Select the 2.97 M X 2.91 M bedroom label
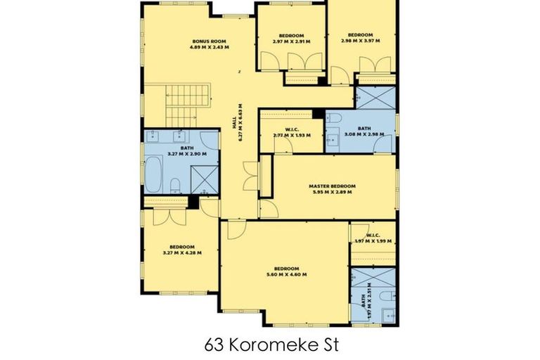click(x=290, y=38)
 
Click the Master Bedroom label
click(x=333, y=188)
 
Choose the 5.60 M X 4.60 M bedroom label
click(x=287, y=271)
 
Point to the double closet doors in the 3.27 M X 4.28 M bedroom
click(x=169, y=216)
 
